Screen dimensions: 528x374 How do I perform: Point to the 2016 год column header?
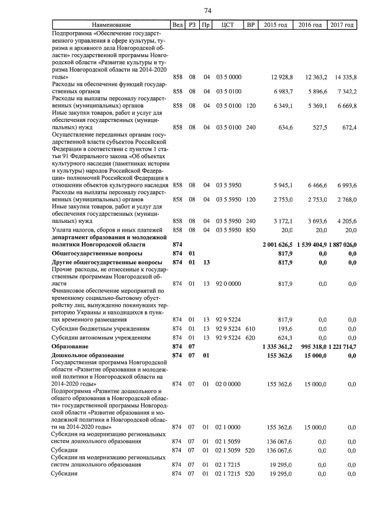[x=310, y=25]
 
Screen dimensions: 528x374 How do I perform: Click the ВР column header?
[x=251, y=25]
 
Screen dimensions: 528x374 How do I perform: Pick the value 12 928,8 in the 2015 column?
[x=282, y=77]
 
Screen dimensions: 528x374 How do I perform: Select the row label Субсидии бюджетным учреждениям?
[x=101, y=328]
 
